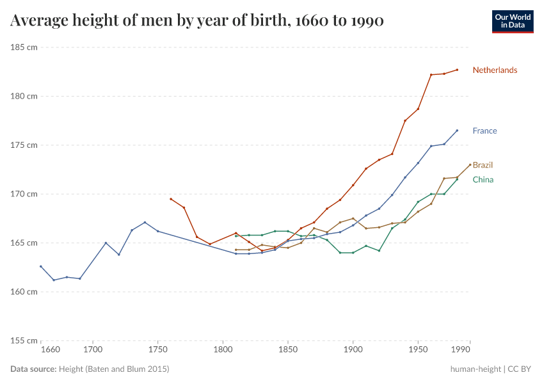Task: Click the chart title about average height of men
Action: tap(197, 21)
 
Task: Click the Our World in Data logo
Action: tap(512, 21)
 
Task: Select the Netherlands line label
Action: tap(495, 70)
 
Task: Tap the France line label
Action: tap(484, 131)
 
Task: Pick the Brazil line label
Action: tap(483, 165)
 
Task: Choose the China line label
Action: tap(483, 180)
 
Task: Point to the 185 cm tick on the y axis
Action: tap(23, 47)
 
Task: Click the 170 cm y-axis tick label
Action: tap(23, 194)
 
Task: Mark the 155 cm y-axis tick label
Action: tap(23, 340)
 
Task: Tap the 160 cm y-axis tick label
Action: tap(23, 292)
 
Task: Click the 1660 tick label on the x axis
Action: tap(50, 350)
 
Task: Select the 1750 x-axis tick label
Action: tap(158, 350)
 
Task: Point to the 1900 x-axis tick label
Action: tap(353, 350)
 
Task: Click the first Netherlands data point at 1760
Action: tap(171, 199)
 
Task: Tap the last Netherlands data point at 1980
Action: tap(457, 70)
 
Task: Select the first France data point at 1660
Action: tap(41, 266)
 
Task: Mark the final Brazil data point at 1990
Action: tap(470, 164)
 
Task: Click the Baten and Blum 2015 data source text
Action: tap(114, 369)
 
